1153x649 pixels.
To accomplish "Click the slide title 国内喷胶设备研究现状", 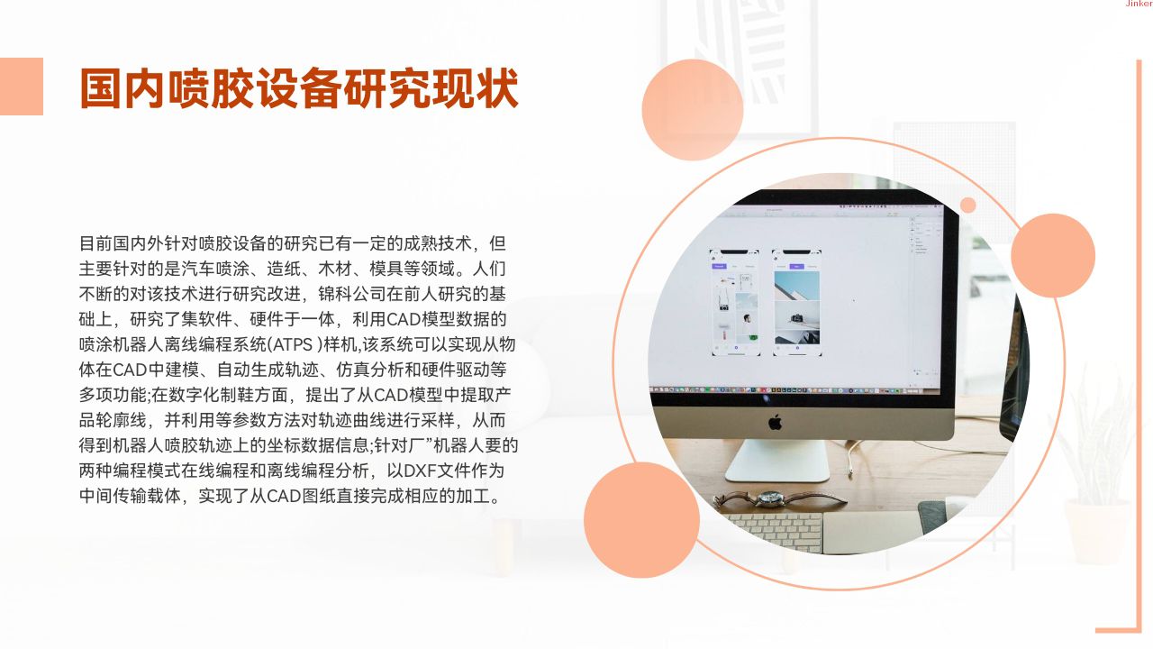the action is (298, 88).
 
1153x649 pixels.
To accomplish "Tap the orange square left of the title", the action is (21, 86).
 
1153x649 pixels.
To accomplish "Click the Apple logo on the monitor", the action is (776, 423).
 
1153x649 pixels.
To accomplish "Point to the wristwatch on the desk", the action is (772, 498).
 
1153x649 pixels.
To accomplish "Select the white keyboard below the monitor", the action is (777, 532).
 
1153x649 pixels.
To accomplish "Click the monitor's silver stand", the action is (777, 461).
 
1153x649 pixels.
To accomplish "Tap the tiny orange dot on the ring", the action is (967, 205).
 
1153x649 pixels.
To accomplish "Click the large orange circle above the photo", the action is (693, 110).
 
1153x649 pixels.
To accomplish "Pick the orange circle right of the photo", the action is (1053, 255).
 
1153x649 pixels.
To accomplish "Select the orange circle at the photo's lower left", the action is (642, 520).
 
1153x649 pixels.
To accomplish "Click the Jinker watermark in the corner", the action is (1139, 4).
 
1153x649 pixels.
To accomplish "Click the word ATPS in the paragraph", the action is (292, 344).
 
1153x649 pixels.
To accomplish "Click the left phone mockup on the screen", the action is (735, 303).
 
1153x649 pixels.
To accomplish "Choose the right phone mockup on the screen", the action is (797, 303).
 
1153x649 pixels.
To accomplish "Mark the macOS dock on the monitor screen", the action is (793, 390).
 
